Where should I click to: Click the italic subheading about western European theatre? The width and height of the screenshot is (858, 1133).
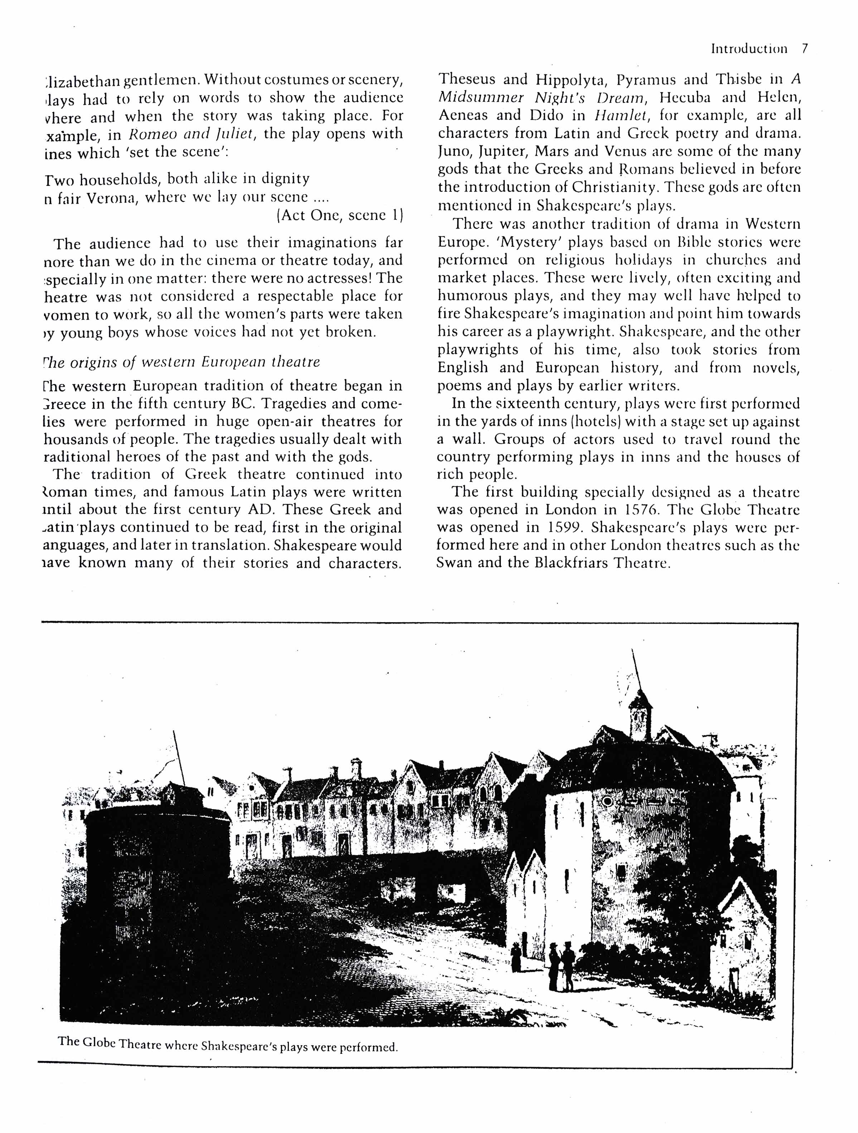click(182, 362)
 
